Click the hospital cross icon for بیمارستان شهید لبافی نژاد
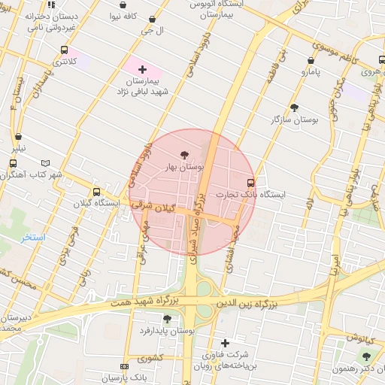142,69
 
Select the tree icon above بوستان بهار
186,154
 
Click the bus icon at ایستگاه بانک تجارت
250,182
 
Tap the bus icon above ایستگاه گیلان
95,192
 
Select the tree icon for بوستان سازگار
294,108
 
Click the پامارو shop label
311,72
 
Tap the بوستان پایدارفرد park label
167,330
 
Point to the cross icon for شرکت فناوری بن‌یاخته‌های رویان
224,343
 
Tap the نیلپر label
17,148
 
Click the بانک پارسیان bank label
121,377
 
